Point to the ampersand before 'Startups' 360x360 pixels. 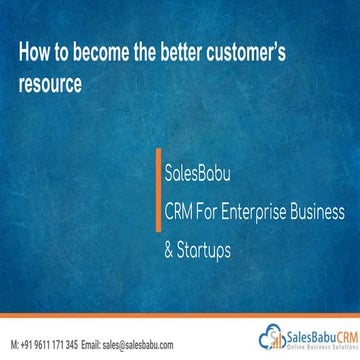pyautogui.click(x=169, y=247)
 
